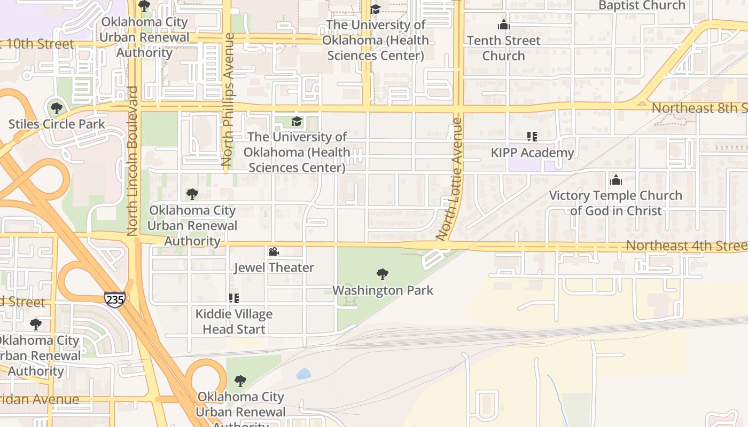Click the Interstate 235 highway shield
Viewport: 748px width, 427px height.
point(114,299)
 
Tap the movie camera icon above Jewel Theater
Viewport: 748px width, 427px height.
point(274,251)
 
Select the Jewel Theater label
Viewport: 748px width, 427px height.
point(274,267)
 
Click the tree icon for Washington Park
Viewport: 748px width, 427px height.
point(382,274)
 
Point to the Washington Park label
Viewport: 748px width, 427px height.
point(383,290)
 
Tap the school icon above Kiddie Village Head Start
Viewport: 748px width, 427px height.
point(233,298)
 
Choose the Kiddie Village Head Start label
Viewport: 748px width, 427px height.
point(234,321)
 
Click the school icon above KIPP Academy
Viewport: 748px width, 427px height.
point(532,137)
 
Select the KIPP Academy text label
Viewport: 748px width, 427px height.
point(532,153)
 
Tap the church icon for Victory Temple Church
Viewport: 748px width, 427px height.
point(615,179)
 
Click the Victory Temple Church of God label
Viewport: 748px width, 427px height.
point(615,203)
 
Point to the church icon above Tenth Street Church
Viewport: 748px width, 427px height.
point(503,25)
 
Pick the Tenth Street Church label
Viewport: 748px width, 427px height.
point(503,48)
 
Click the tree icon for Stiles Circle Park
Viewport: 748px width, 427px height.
point(56,108)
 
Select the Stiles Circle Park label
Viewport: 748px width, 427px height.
point(57,124)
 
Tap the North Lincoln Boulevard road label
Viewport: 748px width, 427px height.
point(133,161)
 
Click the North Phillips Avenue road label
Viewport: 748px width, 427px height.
point(228,99)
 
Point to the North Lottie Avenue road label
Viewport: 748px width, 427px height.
point(449,179)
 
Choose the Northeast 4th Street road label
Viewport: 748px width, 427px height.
point(687,246)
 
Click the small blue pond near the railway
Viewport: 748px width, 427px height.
point(303,374)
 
